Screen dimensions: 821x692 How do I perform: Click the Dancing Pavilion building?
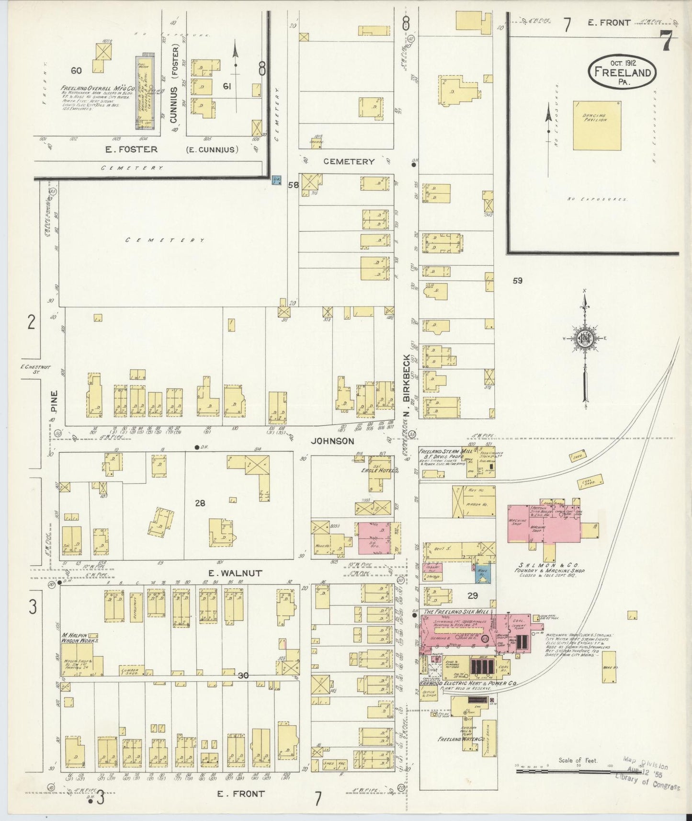[597, 125]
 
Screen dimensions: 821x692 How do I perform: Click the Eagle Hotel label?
[377, 470]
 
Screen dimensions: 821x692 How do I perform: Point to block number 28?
[200, 503]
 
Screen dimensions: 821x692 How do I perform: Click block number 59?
[517, 281]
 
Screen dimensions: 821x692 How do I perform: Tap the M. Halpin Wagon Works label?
[79, 637]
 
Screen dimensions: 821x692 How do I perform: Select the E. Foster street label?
[131, 149]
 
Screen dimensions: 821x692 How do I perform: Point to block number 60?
[76, 70]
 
